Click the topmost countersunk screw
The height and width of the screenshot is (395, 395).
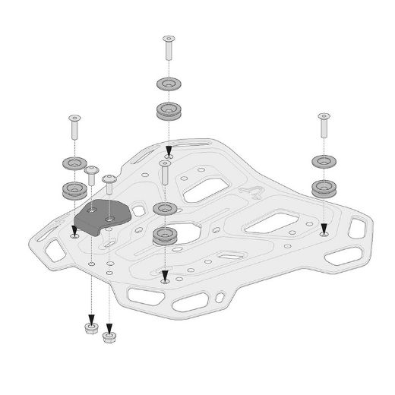click(166, 50)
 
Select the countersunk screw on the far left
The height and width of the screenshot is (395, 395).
click(74, 127)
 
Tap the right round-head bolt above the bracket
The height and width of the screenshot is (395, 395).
click(109, 182)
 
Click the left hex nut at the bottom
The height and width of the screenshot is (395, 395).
click(91, 328)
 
